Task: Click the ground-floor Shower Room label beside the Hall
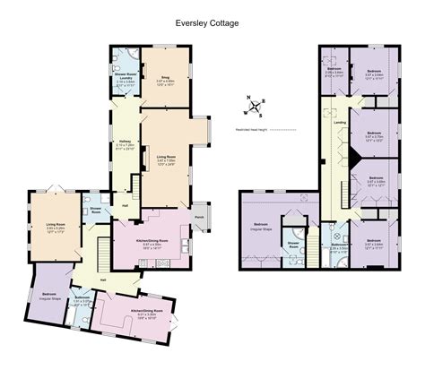click(x=95, y=211)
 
